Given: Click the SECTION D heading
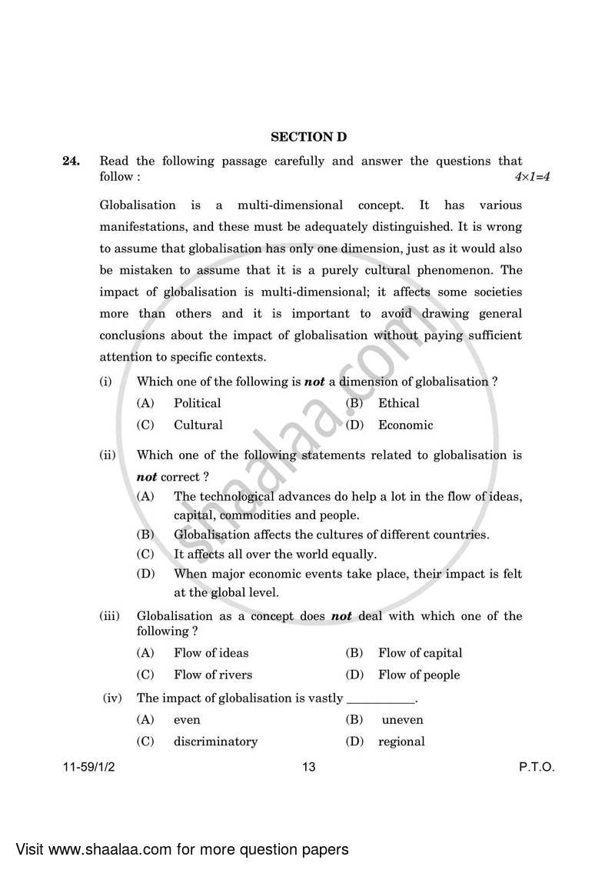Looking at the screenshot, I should coord(308,137).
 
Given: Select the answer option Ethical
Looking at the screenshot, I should coord(398,403).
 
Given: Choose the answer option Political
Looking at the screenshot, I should coord(197,403).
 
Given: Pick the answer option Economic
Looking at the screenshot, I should coord(405,425).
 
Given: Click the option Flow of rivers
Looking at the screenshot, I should coord(212,675).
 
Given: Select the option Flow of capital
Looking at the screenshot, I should coord(420,653).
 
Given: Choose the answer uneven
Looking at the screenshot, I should coord(402,720).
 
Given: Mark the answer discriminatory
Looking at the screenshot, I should coord(215,742).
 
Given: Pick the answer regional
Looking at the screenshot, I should coord(401,742).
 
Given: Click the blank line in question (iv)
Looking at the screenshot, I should coord(381,700).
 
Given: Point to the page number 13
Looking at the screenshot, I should coord(309,767).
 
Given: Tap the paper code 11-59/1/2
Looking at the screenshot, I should coord(90,767).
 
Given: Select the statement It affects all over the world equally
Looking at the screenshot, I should coord(274,554).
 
